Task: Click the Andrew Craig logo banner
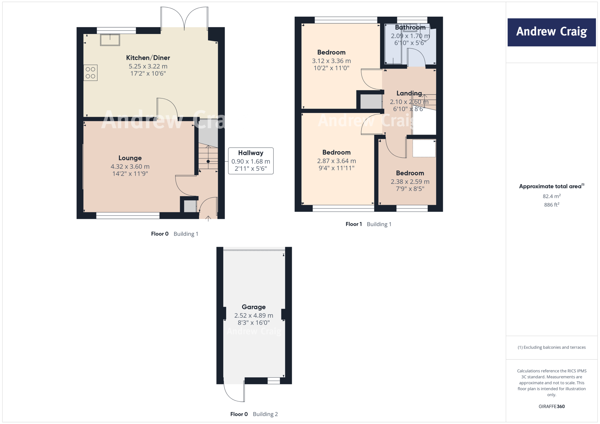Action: tap(551, 32)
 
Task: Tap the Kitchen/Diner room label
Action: tap(148, 58)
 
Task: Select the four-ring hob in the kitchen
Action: tap(91, 73)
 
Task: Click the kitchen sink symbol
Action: tap(110, 40)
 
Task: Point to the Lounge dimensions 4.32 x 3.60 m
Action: tap(130, 167)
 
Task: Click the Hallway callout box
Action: tap(251, 161)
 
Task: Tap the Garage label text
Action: tap(254, 307)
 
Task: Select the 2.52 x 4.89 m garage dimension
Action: tap(254, 316)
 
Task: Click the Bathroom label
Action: tap(410, 28)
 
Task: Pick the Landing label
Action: tap(409, 93)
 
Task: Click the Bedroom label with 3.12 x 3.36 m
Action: tap(331, 52)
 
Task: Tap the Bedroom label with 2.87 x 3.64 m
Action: tap(336, 153)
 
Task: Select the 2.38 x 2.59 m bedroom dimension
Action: tap(410, 182)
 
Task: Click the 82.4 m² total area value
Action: tap(551, 196)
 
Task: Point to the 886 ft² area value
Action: tap(551, 205)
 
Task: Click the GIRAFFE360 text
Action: tap(551, 406)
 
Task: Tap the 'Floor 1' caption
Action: tap(354, 224)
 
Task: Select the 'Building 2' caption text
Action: tap(265, 414)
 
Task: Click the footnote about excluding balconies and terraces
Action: tap(551, 347)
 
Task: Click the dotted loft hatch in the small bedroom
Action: tap(424, 148)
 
